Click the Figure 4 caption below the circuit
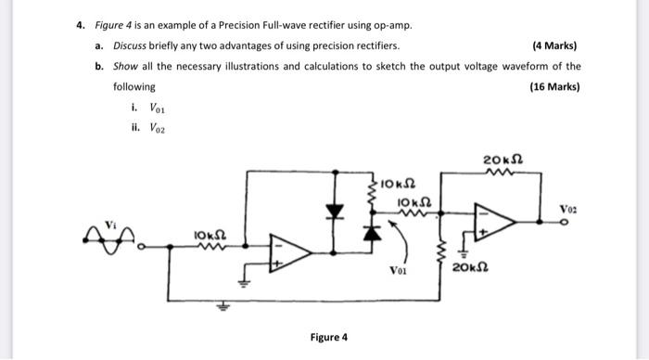(330, 337)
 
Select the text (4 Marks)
(556, 45)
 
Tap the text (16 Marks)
(554, 87)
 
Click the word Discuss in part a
(132, 45)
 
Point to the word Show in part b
(125, 67)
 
